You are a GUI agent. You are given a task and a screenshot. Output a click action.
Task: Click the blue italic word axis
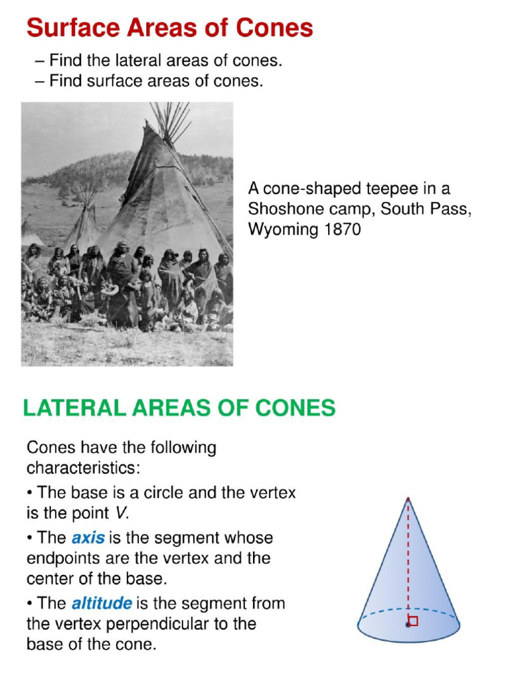pyautogui.click(x=88, y=537)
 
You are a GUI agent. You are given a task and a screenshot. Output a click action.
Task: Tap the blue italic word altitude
pyautogui.click(x=101, y=604)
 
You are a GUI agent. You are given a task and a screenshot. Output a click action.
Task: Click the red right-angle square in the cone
pyautogui.click(x=414, y=621)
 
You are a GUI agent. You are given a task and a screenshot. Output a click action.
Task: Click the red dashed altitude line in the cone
pyautogui.click(x=408, y=558)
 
